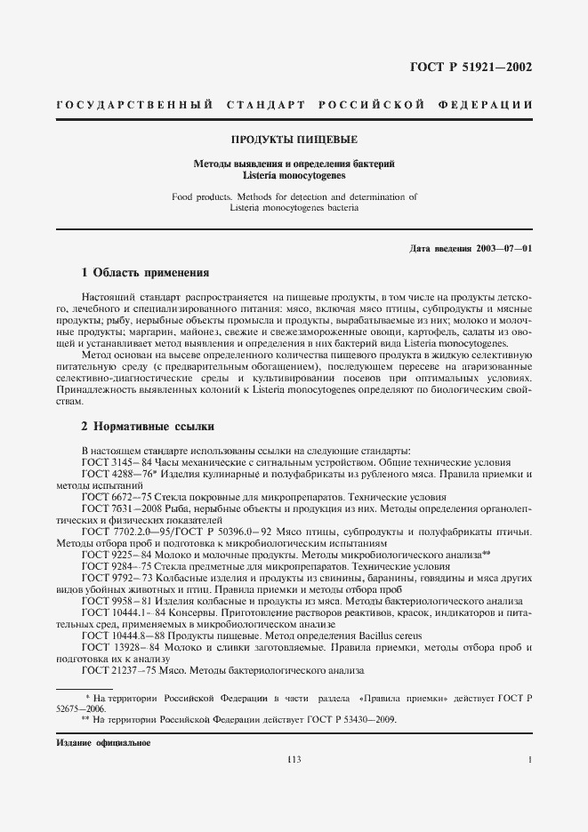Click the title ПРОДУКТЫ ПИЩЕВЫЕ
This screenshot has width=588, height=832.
click(x=294, y=140)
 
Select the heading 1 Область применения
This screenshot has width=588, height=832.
click(x=145, y=272)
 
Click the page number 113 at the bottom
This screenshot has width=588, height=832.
click(x=294, y=759)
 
